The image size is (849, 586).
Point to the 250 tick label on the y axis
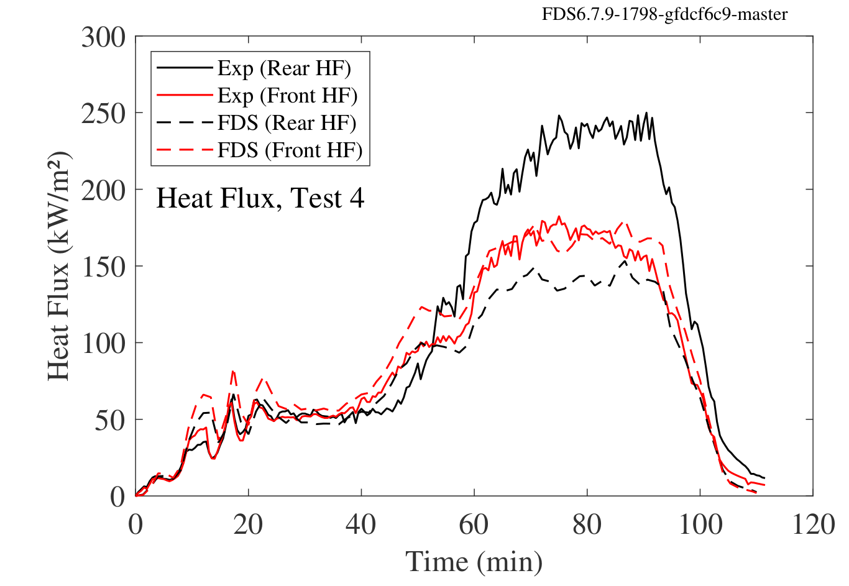coord(103,114)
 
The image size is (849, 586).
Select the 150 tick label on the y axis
coord(103,267)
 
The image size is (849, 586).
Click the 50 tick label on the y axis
coord(110,419)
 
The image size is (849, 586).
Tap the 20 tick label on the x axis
coord(249,525)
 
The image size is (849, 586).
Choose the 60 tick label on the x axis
coord(474,525)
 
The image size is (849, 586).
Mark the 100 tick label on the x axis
coord(700,525)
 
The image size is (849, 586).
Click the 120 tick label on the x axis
coord(813,525)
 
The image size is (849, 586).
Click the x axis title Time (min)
coord(474,562)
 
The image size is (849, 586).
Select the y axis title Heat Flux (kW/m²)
coord(59,267)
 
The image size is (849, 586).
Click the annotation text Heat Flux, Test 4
coord(260,199)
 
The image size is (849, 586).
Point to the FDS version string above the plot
coord(664,14)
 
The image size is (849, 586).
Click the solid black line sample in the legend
coord(185,68)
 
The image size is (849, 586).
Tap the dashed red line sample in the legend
coord(185,150)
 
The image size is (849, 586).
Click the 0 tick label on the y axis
coord(117,497)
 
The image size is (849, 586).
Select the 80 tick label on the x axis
coord(587,525)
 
